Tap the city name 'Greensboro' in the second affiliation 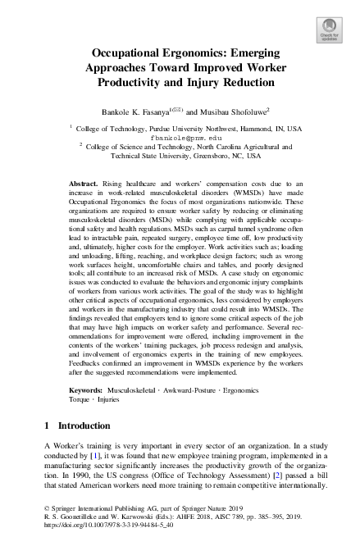point(221,155)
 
